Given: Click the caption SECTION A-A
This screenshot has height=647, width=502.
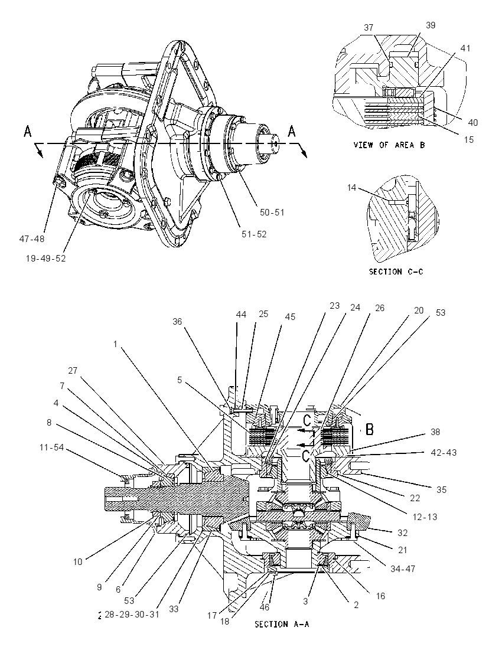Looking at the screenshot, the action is coord(282,624).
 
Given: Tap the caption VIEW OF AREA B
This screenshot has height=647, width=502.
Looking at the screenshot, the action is coord(389,145).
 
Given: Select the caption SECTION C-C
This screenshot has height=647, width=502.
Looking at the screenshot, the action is coord(396,272).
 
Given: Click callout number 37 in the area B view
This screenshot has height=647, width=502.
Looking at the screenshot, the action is coord(369,28).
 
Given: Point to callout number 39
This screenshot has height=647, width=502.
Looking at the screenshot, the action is coord(431,25).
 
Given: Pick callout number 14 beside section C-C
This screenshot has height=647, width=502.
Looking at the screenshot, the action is coord(351,188).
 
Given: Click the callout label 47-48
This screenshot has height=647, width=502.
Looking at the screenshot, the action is coord(32,238).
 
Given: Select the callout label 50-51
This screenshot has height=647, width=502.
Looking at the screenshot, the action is coord(272,213).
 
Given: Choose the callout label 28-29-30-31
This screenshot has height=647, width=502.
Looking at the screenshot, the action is coord(132,614).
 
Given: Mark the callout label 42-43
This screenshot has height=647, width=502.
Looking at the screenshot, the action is coord(444,452).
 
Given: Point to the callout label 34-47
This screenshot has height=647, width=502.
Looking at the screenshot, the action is coord(403,568).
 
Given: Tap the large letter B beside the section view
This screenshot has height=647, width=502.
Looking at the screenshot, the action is coord(370,430).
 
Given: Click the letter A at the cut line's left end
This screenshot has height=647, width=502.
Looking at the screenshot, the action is coord(28,132).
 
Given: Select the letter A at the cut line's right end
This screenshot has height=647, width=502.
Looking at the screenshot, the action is coord(292,132).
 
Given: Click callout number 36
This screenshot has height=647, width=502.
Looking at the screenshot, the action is coord(177,322).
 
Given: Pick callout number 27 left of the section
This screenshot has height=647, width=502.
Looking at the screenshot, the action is coord(73,371).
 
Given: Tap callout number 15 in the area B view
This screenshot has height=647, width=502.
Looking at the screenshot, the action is coord(468,140).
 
